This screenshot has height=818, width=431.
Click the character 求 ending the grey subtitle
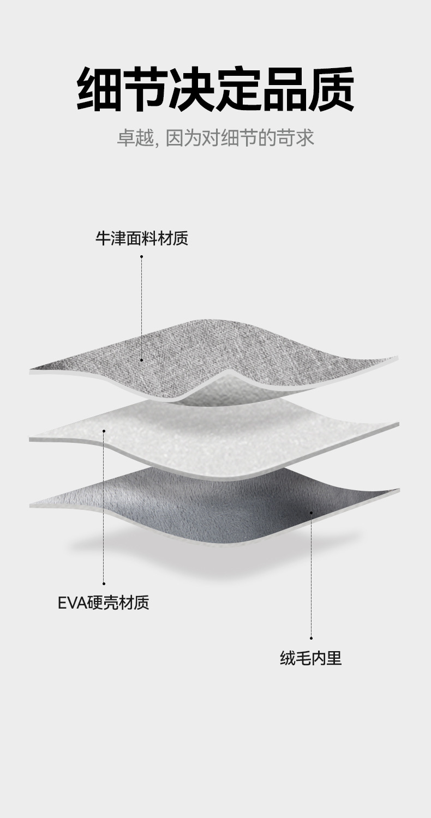(x=305, y=137)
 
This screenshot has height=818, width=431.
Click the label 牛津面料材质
(x=142, y=238)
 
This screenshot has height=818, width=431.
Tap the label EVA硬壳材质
(x=104, y=603)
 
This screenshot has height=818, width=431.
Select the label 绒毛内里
(x=311, y=659)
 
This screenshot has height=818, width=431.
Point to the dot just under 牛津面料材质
(x=141, y=256)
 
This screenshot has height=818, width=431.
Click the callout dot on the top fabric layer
(x=141, y=360)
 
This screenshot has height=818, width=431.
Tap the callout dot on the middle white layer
(x=104, y=431)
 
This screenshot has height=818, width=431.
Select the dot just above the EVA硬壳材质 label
(x=104, y=584)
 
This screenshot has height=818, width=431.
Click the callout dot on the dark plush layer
(x=311, y=513)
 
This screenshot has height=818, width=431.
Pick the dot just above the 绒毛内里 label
(x=311, y=637)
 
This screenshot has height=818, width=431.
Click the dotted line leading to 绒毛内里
(x=311, y=575)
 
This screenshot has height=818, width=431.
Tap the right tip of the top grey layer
(x=396, y=358)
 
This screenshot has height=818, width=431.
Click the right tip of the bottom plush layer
(x=398, y=490)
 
